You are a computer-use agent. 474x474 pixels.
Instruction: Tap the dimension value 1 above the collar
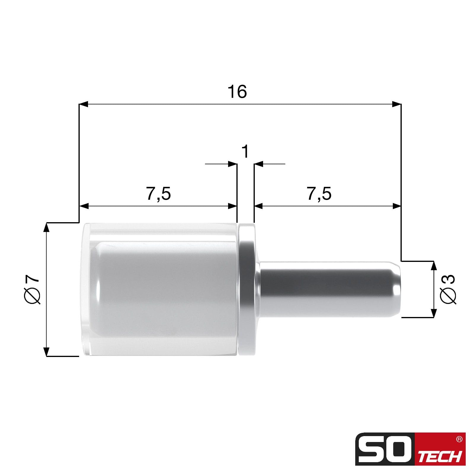point(245,151)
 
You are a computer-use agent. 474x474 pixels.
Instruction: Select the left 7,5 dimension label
point(159,194)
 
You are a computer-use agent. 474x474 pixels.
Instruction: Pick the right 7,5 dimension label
point(319,194)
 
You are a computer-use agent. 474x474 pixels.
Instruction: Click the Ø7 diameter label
point(32,289)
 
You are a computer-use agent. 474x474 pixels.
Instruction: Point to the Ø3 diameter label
point(448,289)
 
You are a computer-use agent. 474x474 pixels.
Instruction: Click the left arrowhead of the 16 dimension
point(84,104)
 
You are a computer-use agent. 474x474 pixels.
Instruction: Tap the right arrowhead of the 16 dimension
point(396,104)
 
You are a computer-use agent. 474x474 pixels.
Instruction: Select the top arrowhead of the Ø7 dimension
point(46,227)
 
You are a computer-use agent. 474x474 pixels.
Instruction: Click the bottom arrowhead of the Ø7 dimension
point(46,351)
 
